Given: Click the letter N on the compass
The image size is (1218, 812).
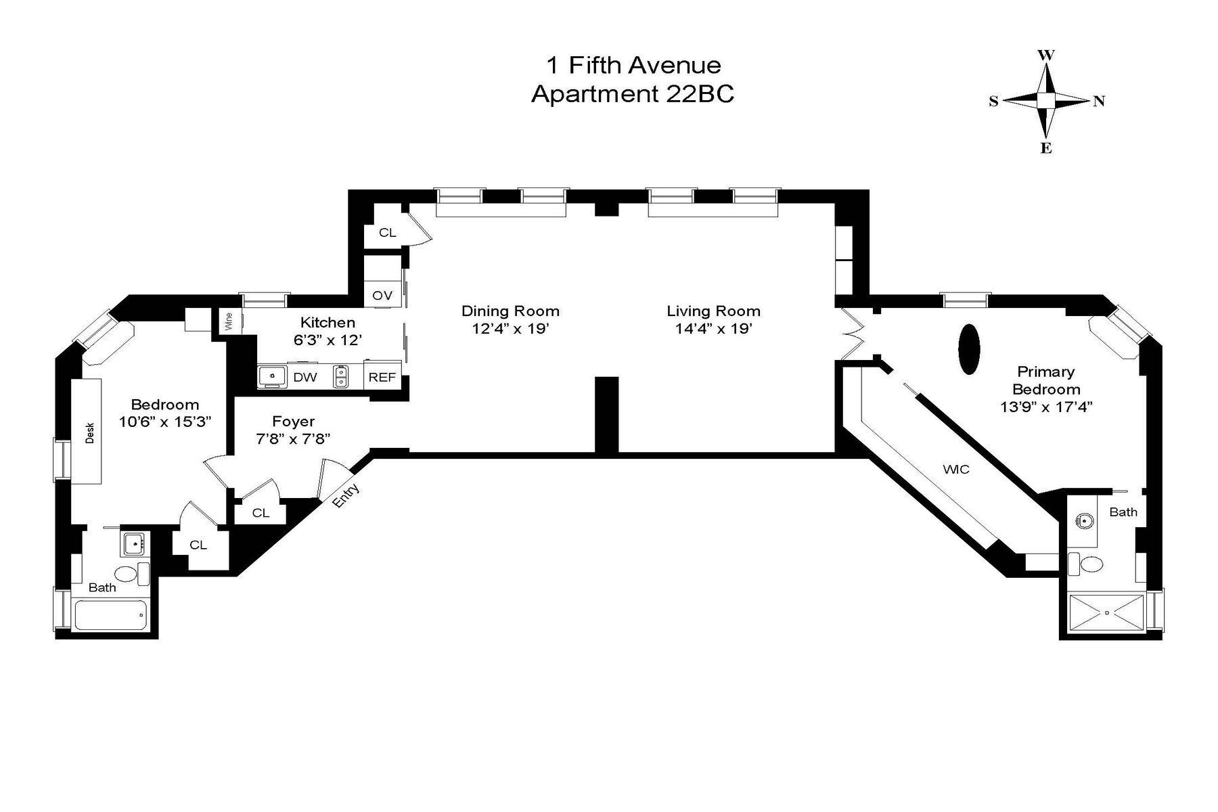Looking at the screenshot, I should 1099,101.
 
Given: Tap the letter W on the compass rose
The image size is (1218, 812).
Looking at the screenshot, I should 1046,55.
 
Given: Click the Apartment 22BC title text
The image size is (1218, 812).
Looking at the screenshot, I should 632,94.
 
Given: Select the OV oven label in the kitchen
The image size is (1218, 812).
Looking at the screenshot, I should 382,296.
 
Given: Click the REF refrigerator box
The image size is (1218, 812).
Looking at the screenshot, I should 382,377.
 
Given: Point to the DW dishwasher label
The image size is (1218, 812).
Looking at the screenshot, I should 304,377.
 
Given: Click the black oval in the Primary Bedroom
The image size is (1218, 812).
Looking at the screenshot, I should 969,349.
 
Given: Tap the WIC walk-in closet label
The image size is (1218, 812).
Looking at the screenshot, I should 955,469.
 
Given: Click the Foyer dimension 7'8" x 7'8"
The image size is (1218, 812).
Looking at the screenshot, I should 292,438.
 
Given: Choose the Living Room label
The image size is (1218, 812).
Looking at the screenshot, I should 713,311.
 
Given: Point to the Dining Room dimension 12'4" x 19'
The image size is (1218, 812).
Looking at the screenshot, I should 510,329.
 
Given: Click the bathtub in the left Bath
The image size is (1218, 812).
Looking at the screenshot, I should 110,615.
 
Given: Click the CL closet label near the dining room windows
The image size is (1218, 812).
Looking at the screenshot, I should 387,233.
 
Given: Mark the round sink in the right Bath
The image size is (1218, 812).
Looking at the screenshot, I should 1085,520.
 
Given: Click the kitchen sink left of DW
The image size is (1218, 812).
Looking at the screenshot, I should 273,376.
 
